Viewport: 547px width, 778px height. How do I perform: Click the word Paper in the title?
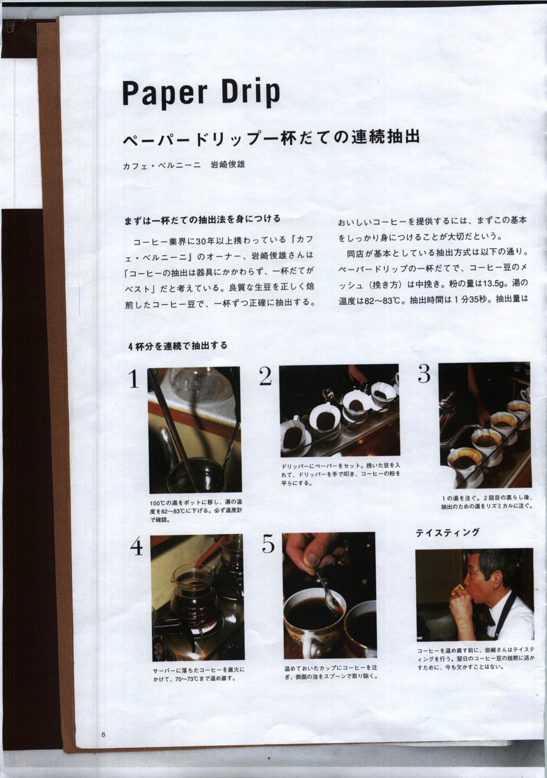point(165,93)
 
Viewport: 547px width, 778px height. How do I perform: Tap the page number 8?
point(103,734)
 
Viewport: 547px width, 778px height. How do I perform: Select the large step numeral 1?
point(134,379)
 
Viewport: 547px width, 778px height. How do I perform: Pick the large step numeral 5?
point(268,544)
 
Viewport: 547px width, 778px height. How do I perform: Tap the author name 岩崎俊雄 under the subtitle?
point(228,165)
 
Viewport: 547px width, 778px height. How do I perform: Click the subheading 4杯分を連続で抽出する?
point(177,346)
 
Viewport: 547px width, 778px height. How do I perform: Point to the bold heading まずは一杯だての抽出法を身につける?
point(202,220)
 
